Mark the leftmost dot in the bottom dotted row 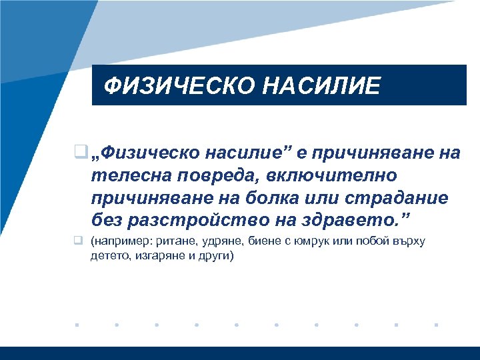(x=77, y=325)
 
